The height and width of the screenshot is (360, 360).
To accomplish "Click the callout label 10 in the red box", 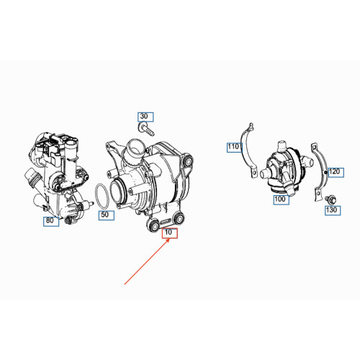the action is (x=169, y=233).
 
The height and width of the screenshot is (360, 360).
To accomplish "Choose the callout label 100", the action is (x=281, y=199).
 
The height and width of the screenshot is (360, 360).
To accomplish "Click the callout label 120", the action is (x=336, y=172).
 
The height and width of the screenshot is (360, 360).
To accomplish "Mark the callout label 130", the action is (x=333, y=210).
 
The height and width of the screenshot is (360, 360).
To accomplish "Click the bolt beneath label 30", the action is (x=146, y=129).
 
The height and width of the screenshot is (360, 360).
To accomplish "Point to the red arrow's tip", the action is (x=170, y=239).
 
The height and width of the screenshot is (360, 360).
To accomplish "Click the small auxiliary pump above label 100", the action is (x=286, y=168).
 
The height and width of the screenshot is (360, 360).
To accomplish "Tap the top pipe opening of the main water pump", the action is (x=135, y=146).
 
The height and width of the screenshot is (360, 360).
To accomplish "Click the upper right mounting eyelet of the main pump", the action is (x=188, y=161).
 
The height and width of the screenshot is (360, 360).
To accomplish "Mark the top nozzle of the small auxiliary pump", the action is (x=282, y=145).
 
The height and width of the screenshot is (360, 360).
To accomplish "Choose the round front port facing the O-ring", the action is (x=118, y=191).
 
